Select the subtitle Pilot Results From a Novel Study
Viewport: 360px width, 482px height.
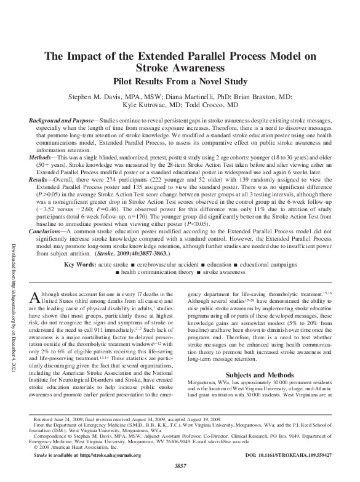[179, 82]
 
